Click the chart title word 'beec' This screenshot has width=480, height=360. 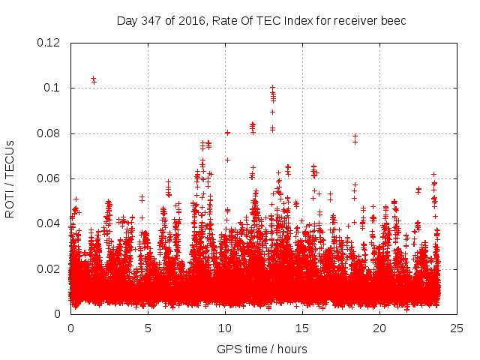(x=393, y=20)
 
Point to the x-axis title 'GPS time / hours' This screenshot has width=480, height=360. (x=262, y=349)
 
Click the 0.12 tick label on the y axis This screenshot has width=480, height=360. (x=50, y=43)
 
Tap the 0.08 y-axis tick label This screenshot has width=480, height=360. (x=50, y=133)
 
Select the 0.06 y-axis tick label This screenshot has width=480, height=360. (x=50, y=178)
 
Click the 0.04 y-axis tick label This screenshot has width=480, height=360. (x=50, y=223)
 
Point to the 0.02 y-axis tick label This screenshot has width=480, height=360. (x=50, y=268)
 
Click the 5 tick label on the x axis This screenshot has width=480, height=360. (x=148, y=328)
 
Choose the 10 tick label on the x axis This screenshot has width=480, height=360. (x=225, y=328)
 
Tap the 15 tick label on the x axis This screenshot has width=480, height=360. (x=302, y=328)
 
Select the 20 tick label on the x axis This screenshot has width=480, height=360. (x=379, y=328)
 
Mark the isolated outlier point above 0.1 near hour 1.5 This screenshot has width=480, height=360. (x=93, y=78)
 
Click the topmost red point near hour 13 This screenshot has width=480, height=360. (x=272, y=88)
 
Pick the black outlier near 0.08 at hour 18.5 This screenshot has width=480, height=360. (x=355, y=136)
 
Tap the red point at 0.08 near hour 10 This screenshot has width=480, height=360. (x=227, y=133)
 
